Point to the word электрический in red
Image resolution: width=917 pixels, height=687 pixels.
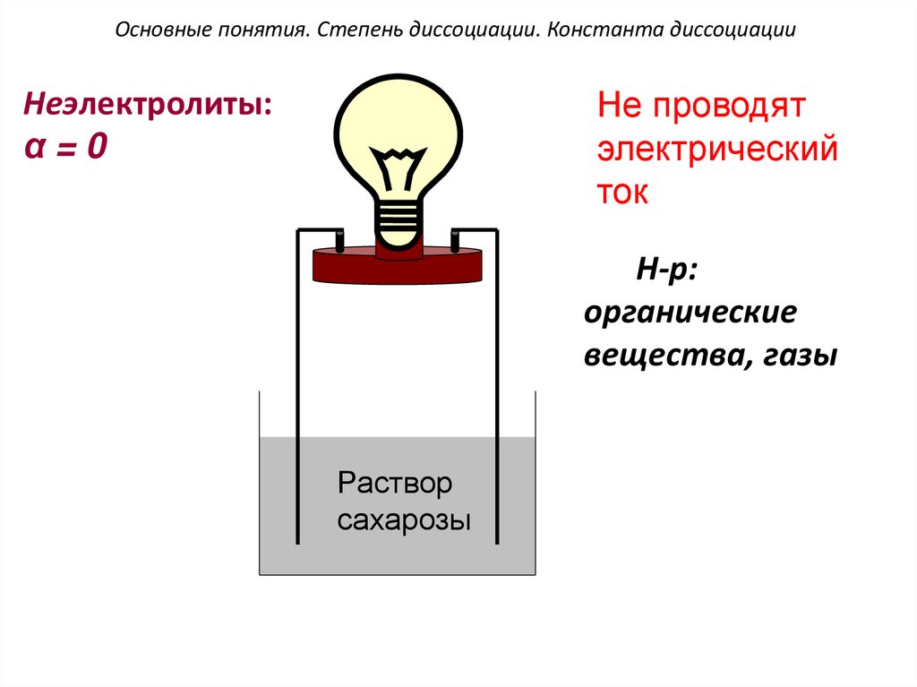click(x=717, y=150)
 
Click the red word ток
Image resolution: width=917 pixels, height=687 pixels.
click(x=622, y=193)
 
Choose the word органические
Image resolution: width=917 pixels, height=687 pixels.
click(x=690, y=314)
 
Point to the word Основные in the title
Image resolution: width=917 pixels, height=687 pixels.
click(x=153, y=30)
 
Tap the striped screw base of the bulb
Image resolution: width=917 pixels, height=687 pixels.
click(x=398, y=220)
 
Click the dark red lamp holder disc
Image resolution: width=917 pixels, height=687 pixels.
click(x=396, y=266)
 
